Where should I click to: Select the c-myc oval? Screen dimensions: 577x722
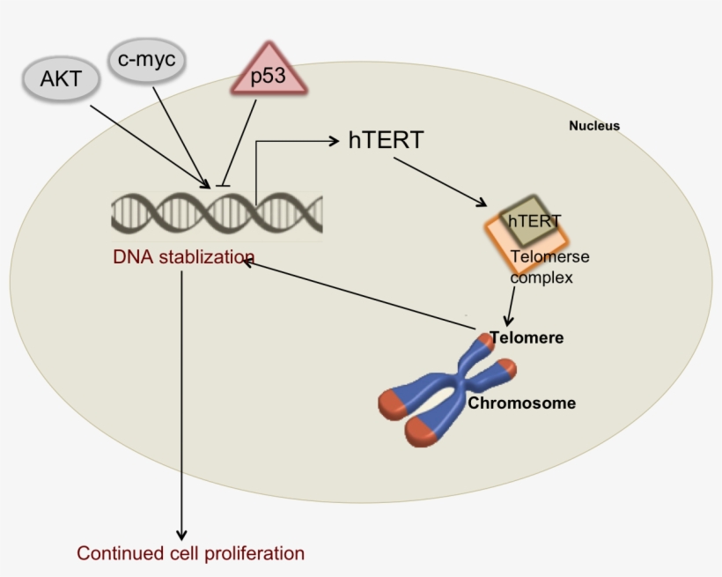tap(147, 62)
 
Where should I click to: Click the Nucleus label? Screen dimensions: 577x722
tap(593, 126)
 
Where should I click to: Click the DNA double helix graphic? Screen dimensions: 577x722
tap(216, 213)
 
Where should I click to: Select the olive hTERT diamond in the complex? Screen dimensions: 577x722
tap(532, 220)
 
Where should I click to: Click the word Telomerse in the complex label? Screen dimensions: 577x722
tap(550, 257)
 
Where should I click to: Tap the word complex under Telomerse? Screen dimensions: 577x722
tap(541, 277)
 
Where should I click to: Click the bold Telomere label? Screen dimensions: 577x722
tap(527, 337)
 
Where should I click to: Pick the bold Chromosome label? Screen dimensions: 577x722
tap(521, 403)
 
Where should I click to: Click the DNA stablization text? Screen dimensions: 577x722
tap(183, 258)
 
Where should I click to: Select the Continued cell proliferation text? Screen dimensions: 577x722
tap(190, 554)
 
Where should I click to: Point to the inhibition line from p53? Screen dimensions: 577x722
tap(240, 141)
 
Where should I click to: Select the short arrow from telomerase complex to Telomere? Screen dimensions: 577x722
tap(508, 307)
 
